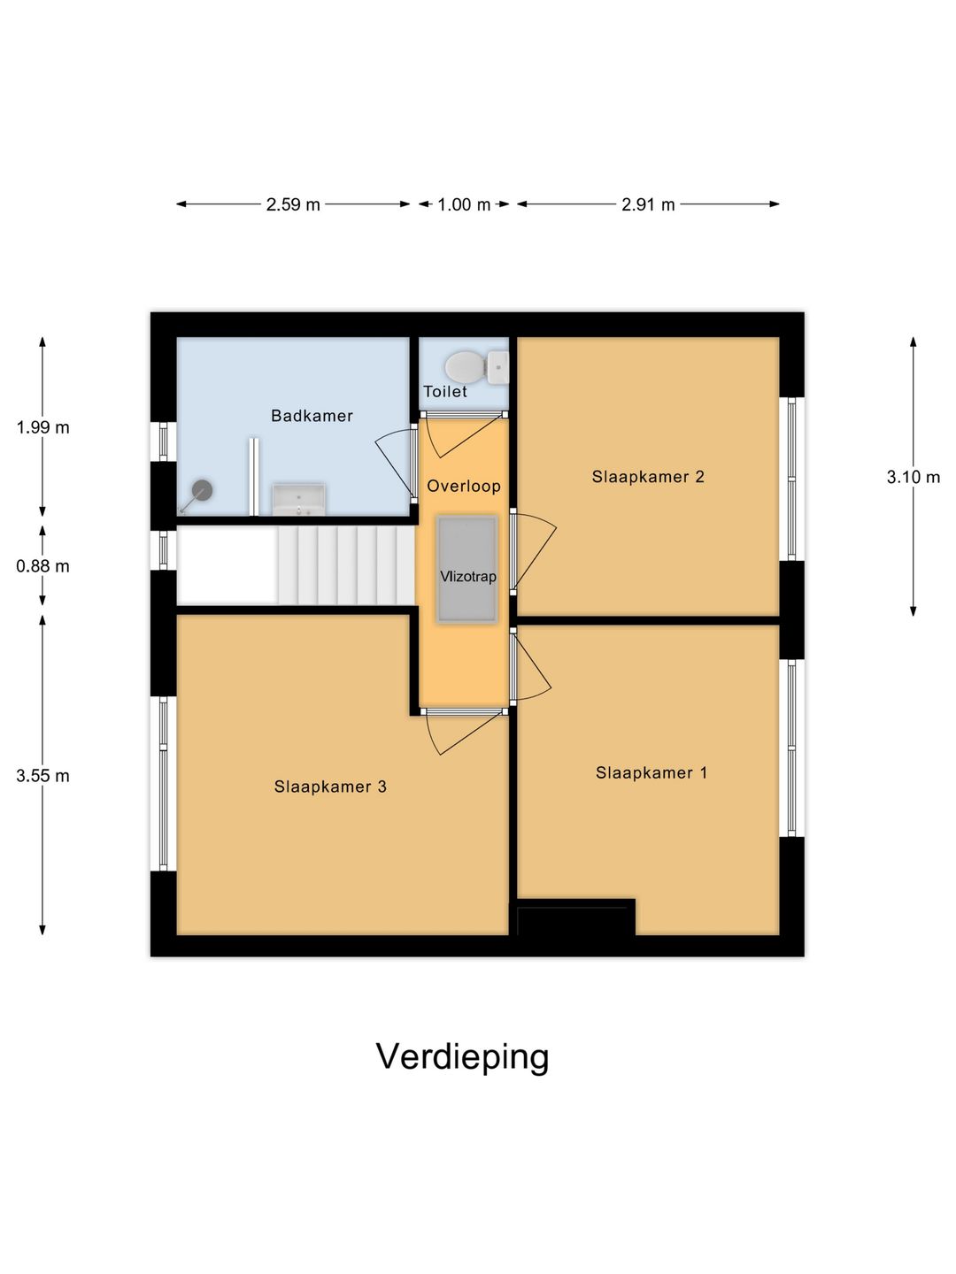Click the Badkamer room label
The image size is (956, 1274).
312,416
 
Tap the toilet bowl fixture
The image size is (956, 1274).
466,366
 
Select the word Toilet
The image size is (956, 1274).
444,392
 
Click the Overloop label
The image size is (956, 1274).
463,486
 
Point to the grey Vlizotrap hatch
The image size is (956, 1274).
467,568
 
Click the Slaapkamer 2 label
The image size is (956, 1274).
648,477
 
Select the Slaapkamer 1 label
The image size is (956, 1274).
651,772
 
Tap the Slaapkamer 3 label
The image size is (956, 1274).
330,787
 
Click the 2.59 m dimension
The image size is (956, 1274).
293,204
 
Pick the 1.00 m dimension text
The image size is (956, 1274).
464,204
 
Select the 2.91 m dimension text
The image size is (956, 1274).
648,204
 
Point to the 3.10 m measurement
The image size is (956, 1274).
914,478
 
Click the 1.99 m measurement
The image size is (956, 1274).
42,427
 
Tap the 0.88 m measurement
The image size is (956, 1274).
42,566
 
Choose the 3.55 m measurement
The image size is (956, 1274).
42,776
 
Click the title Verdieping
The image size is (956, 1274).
462,1056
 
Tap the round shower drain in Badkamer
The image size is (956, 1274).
203,489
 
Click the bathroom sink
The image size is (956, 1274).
298,499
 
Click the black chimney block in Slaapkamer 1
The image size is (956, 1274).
575,918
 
